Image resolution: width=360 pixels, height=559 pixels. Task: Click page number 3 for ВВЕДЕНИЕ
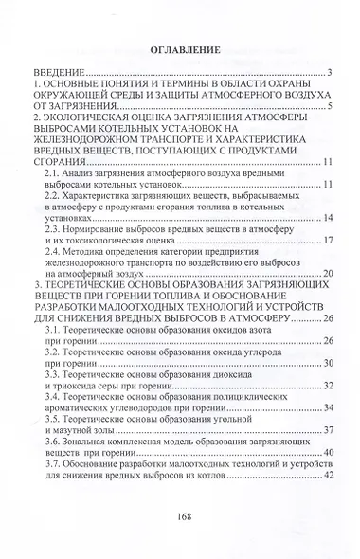point(327,73)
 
